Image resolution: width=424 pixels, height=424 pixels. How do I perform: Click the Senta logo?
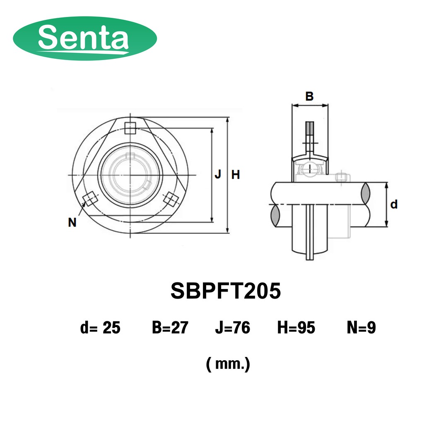(x=85, y=38)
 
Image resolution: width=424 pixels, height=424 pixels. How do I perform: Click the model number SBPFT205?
(x=226, y=291)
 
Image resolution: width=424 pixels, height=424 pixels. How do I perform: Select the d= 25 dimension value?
(x=100, y=328)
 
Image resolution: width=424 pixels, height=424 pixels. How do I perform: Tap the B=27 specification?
(x=170, y=328)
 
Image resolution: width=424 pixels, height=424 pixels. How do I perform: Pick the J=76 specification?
(x=233, y=328)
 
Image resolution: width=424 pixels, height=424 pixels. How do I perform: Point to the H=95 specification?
(x=296, y=328)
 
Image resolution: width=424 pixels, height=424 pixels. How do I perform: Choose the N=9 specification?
(x=361, y=328)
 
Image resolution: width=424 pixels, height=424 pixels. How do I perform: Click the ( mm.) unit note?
(x=228, y=364)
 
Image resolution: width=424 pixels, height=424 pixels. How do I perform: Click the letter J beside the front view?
(x=218, y=174)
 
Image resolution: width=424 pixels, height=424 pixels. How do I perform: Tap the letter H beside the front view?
(x=236, y=175)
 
